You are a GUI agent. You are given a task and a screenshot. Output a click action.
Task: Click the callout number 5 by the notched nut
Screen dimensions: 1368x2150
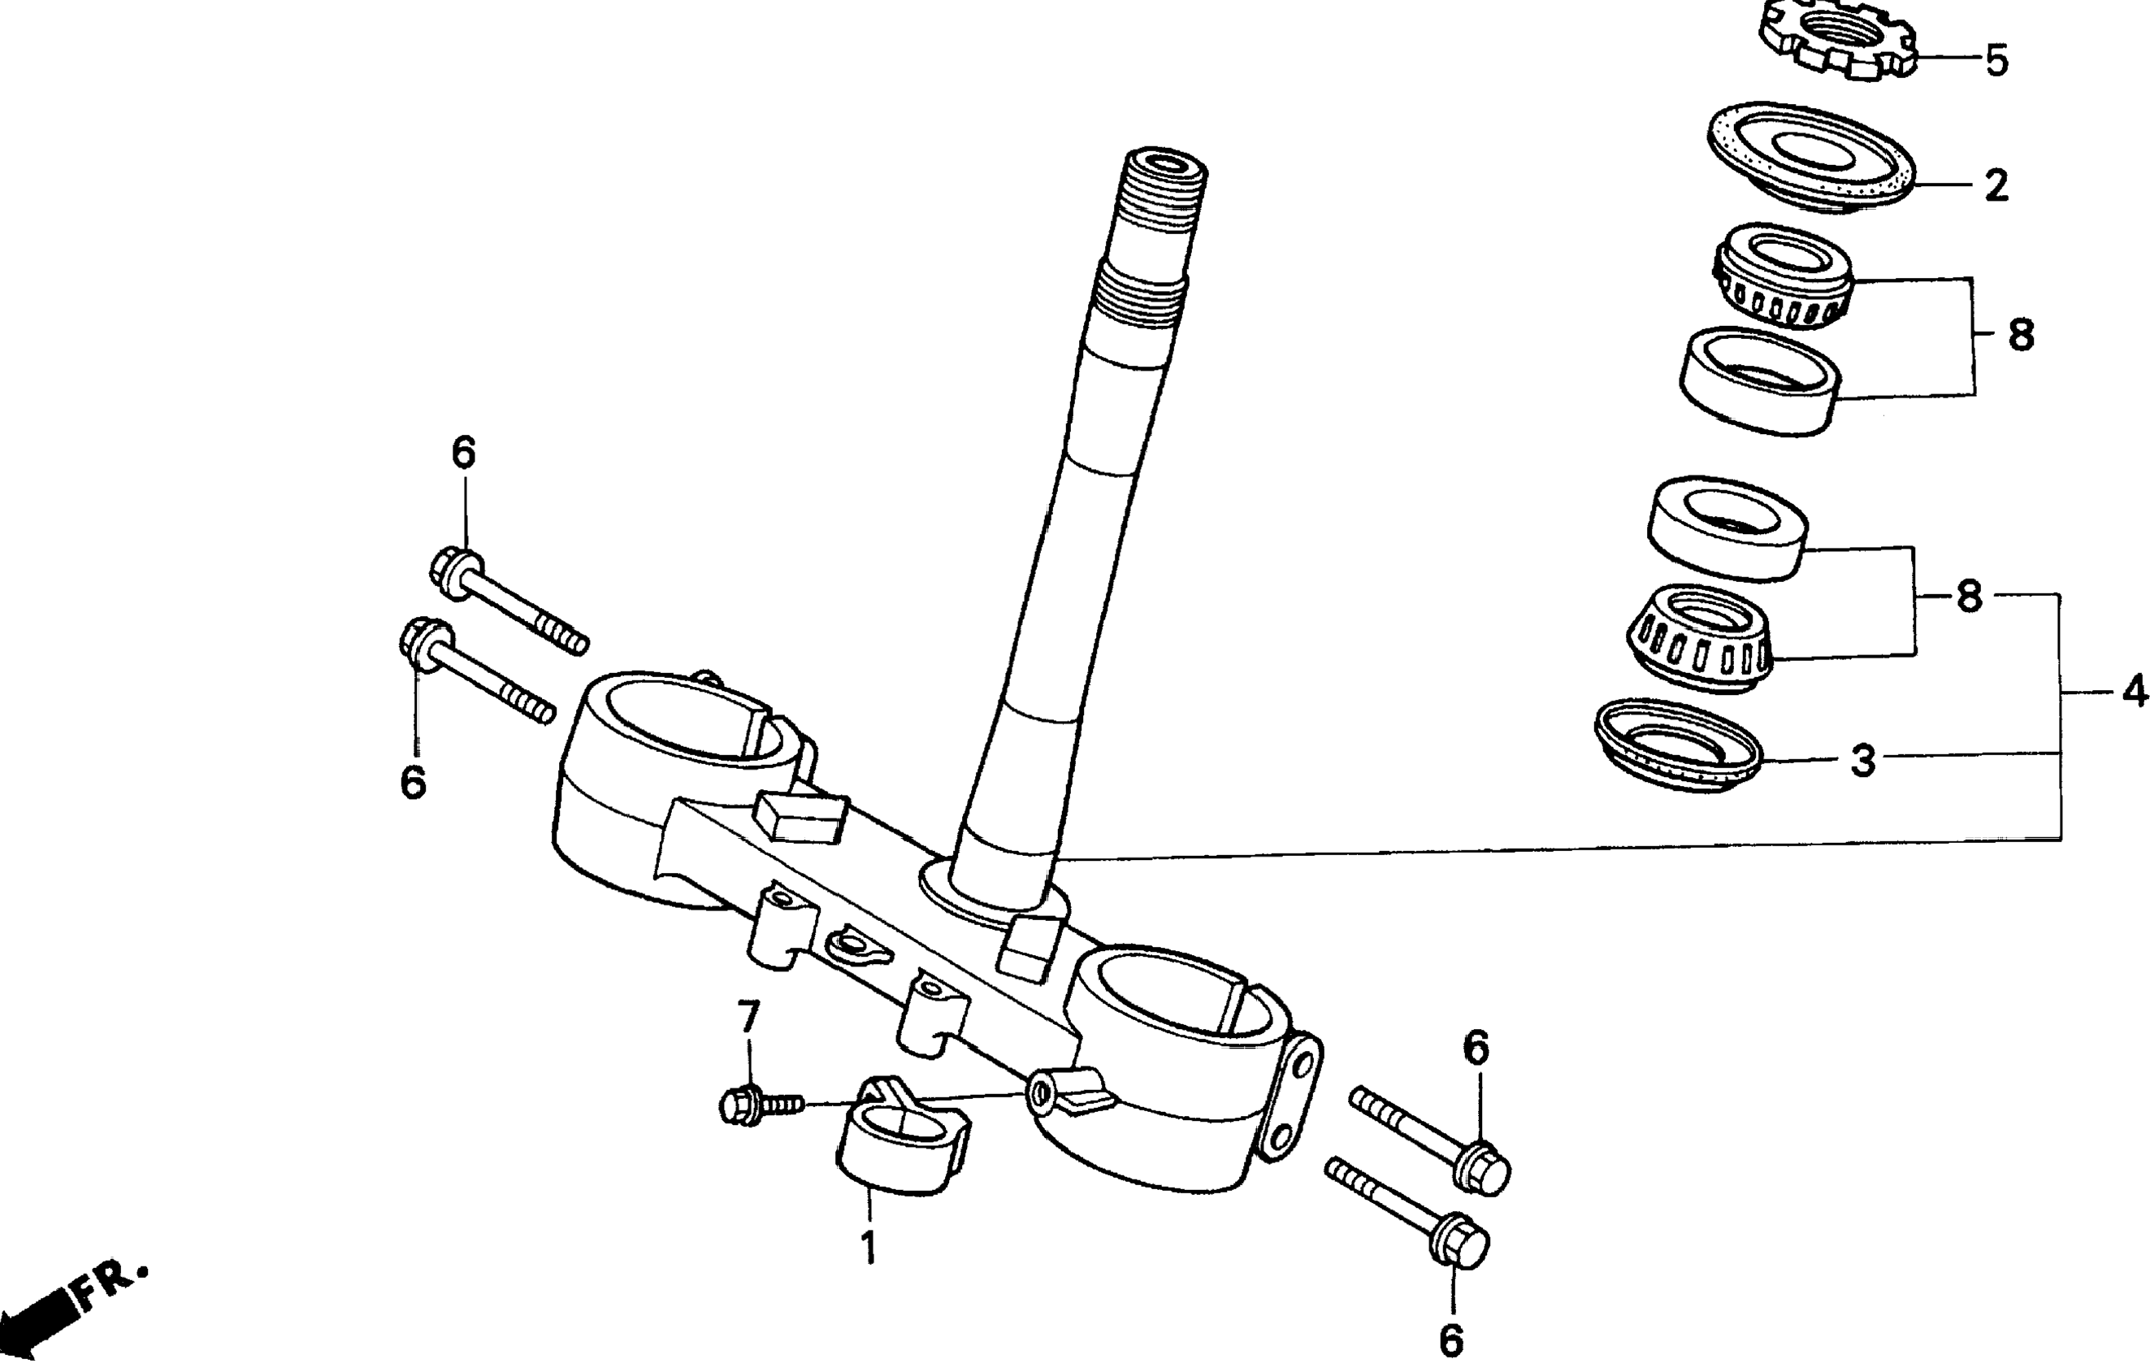coord(1996,61)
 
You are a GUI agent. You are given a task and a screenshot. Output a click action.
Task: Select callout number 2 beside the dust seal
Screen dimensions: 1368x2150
coord(1996,186)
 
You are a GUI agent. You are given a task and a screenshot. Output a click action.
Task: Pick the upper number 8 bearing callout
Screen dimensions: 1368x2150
coord(2021,336)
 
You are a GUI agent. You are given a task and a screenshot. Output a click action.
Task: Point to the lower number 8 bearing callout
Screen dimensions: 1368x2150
coord(1969,597)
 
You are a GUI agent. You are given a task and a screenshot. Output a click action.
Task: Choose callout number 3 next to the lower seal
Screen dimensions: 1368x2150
coord(1862,761)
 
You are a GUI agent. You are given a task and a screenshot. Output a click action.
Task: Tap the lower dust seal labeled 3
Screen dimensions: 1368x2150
coord(1678,745)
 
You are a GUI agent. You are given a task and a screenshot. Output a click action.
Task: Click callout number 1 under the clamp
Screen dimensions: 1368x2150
coord(868,1248)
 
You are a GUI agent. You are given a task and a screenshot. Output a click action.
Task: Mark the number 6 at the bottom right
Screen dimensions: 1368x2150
coord(1452,1340)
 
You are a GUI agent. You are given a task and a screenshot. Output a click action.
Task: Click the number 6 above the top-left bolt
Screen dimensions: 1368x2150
coord(463,454)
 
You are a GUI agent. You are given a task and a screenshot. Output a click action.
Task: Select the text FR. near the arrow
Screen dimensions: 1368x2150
coord(111,1285)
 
